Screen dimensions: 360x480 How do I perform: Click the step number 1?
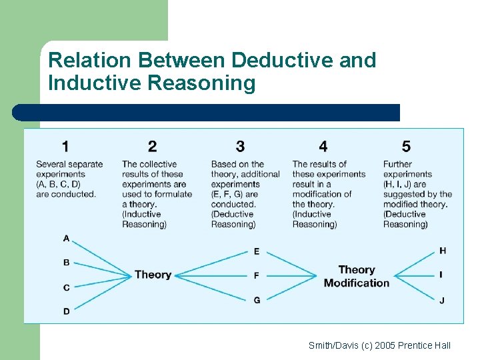pos(65,146)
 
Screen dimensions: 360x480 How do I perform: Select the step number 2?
pos(153,146)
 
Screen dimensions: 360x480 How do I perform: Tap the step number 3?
pos(240,146)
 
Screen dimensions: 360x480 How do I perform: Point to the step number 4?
pos(323,146)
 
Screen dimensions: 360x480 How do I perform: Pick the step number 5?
pos(407,146)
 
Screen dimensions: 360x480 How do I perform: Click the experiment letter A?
pos(66,238)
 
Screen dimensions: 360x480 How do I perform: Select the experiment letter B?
pos(66,263)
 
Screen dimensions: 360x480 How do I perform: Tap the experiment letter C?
pos(66,287)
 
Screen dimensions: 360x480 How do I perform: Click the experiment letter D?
pos(66,311)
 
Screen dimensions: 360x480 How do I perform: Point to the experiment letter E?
pos(257,251)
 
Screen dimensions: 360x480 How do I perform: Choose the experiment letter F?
pos(257,275)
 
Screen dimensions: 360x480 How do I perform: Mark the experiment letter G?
pos(257,300)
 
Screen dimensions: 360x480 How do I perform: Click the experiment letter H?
pos(443,251)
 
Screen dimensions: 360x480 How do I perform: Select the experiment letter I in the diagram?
pos(441,275)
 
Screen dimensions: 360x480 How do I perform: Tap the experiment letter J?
pos(442,301)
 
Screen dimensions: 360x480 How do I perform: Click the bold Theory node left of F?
pos(153,275)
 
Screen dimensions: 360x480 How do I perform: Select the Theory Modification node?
pos(356,276)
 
